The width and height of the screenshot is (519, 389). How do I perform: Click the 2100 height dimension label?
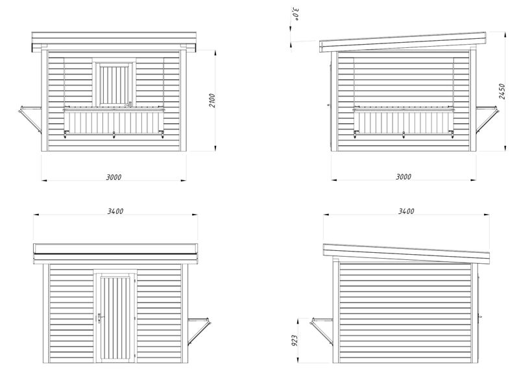(212, 100)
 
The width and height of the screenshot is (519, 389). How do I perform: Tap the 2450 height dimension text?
(501, 91)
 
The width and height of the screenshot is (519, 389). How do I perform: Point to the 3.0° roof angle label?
(296, 14)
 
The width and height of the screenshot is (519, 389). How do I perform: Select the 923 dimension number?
(295, 340)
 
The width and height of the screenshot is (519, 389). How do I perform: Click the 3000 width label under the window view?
(114, 177)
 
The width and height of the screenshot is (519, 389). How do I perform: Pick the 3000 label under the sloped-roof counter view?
(404, 177)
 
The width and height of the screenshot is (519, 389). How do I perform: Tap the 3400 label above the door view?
(115, 211)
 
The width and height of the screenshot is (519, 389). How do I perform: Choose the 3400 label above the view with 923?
(406, 211)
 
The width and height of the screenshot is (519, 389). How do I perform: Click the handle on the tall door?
(99, 318)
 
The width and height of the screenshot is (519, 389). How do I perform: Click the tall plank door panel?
(114, 318)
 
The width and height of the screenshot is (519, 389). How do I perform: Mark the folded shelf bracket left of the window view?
(30, 120)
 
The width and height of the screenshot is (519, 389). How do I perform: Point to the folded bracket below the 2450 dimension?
(486, 120)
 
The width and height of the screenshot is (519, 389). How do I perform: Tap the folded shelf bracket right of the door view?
(199, 332)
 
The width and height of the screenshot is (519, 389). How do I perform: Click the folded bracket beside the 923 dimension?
(322, 332)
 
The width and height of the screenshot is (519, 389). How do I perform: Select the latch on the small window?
(128, 104)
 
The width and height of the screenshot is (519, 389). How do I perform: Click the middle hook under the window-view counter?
(114, 135)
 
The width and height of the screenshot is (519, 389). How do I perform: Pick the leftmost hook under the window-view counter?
(66, 135)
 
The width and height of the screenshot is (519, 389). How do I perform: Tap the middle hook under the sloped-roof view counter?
(404, 135)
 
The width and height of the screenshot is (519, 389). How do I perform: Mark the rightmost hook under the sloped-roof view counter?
(451, 135)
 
